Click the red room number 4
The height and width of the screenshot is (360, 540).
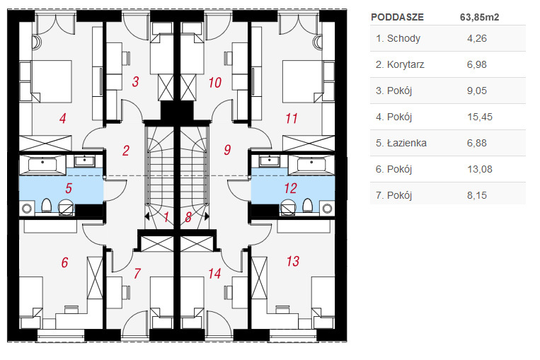pyautogui.click(x=63, y=118)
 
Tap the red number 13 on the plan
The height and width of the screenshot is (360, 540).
pyautogui.click(x=293, y=261)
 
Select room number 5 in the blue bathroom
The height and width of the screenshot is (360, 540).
pyautogui.click(x=69, y=188)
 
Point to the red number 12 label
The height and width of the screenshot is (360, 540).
pyautogui.click(x=290, y=188)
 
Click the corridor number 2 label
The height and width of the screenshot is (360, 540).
pyautogui.click(x=126, y=151)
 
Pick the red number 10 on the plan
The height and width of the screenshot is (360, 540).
pyautogui.click(x=215, y=83)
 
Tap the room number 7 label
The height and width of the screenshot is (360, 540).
pyautogui.click(x=137, y=274)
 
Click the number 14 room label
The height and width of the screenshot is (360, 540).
pyautogui.click(x=214, y=274)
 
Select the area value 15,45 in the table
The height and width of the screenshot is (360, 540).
pyautogui.click(x=480, y=117)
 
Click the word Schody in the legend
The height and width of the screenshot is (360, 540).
pyautogui.click(x=403, y=38)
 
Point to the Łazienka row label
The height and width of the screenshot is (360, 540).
pyautogui.click(x=407, y=143)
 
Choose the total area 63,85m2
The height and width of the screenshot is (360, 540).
pyautogui.click(x=479, y=17)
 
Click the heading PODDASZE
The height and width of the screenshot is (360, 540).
pyautogui.click(x=398, y=17)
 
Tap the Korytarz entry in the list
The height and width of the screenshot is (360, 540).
pyautogui.click(x=406, y=64)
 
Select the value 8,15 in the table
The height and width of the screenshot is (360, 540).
pyautogui.click(x=477, y=195)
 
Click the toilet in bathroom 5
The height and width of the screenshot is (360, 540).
pyautogui.click(x=47, y=206)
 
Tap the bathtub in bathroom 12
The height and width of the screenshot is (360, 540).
pyautogui.click(x=311, y=165)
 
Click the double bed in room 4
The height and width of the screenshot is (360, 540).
pyautogui.click(x=52, y=81)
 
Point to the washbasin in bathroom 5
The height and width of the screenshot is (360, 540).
pyautogui.click(x=83, y=161)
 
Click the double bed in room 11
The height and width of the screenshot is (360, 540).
pyautogui.click(x=303, y=81)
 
